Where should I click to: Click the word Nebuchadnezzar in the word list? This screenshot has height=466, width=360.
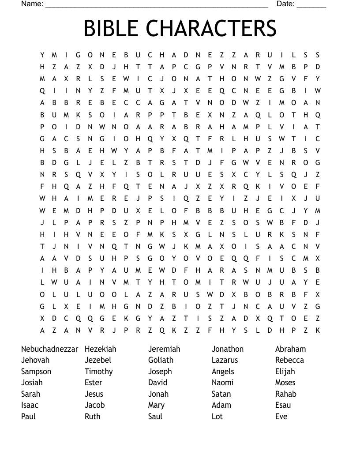coord(49,349)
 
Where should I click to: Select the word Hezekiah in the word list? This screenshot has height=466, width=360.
coord(100,349)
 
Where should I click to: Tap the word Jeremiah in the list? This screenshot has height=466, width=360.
coord(164,349)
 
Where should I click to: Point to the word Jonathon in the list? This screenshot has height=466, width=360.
coord(227,349)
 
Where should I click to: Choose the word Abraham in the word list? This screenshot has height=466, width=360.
coord(290,349)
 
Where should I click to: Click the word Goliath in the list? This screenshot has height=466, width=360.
coord(161,360)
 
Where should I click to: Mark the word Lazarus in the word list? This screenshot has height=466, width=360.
coord(225,360)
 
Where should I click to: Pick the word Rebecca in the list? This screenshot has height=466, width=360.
coord(289,360)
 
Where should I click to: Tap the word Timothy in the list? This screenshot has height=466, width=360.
coord(98,372)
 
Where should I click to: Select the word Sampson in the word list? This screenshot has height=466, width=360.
coord(36,372)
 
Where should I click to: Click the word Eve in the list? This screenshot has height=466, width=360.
coord(281,417)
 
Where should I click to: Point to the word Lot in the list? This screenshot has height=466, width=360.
coord(217,417)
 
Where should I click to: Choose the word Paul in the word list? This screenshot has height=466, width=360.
coord(28,417)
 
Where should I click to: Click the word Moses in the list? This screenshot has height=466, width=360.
coord(285,383)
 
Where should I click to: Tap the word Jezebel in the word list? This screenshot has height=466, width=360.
coord(98,360)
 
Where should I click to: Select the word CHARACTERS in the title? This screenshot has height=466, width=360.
coord(211,29)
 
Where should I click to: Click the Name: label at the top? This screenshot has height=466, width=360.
coord(32,4)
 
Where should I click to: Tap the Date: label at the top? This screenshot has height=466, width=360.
coord(285,4)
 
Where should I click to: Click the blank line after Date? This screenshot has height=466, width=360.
coord(311,5)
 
